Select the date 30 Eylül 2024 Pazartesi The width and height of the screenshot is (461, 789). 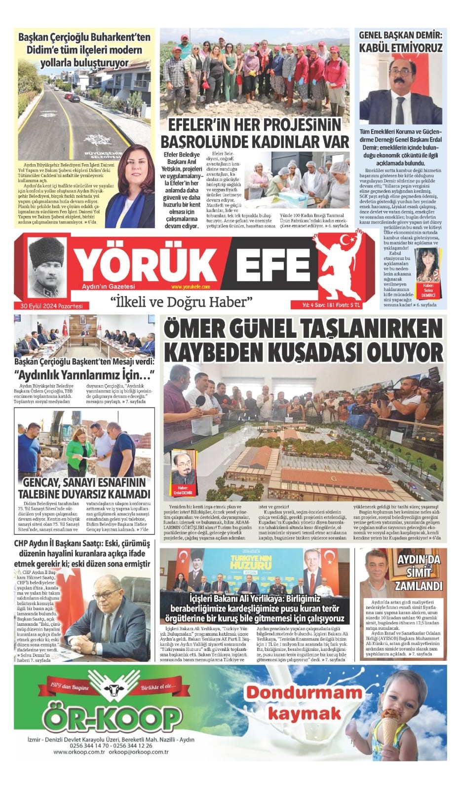[x=48, y=306]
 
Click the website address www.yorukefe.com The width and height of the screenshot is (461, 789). [x=191, y=287]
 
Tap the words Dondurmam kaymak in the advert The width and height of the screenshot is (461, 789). [x=304, y=702]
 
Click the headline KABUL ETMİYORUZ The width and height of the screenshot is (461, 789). [x=400, y=48]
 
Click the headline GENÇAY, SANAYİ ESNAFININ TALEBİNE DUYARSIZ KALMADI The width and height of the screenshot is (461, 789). [x=84, y=488]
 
